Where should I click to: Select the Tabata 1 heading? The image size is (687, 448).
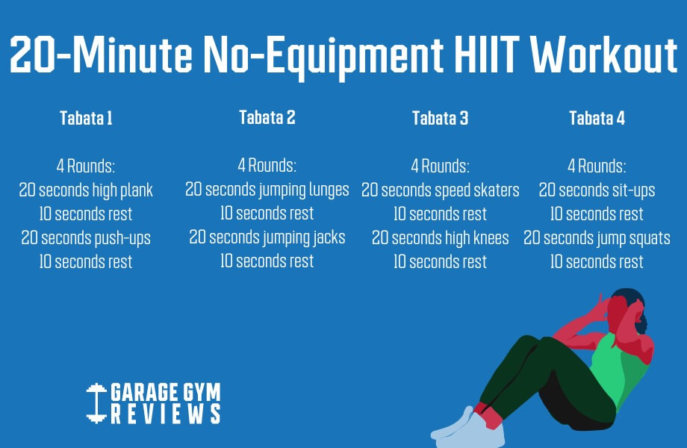coord(86,118)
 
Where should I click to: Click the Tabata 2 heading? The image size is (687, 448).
coord(267,117)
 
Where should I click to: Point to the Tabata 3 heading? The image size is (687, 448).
coord(440,118)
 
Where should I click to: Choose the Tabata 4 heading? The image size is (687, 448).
coord(597,118)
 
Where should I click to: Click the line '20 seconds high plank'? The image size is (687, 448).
coord(86,190)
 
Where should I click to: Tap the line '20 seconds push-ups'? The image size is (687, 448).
coord(86,237)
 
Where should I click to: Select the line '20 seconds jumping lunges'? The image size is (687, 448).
coord(267,190)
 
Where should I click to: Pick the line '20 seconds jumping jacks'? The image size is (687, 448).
coord(267,237)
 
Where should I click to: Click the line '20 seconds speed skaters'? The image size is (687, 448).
coord(440,190)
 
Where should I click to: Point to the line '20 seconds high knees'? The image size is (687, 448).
coord(440,237)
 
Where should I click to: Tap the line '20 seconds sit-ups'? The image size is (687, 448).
coord(597,190)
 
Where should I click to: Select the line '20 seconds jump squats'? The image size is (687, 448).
coord(597,237)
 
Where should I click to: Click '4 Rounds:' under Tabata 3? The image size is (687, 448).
coord(440,166)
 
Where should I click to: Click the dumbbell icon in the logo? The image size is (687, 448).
coord(96,403)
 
